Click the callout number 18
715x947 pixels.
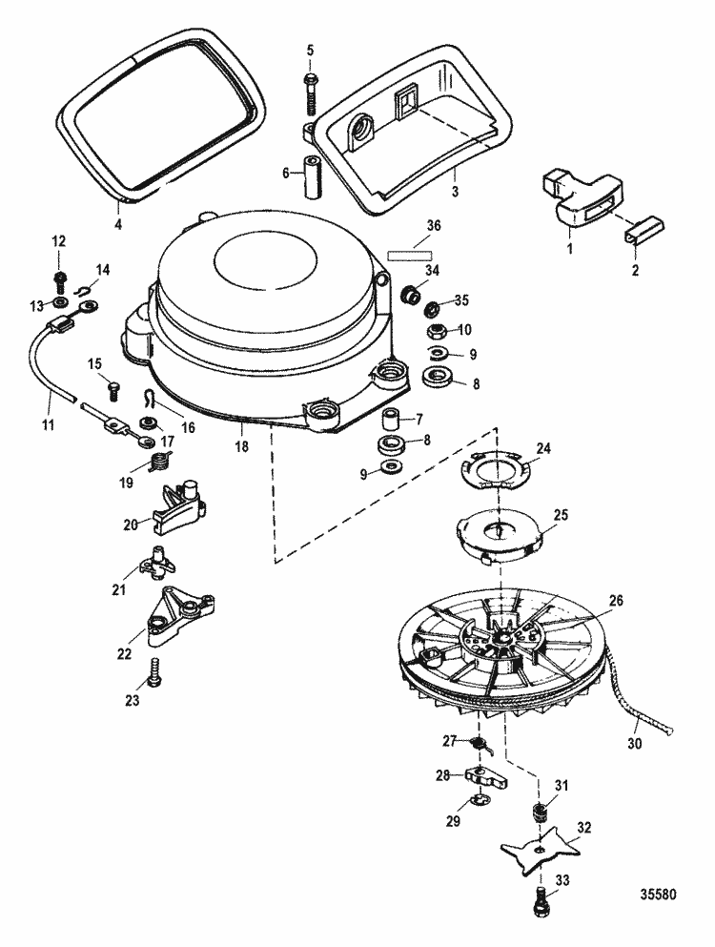click(241, 447)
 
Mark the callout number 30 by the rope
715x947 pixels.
click(634, 744)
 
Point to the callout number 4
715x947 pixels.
click(118, 224)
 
